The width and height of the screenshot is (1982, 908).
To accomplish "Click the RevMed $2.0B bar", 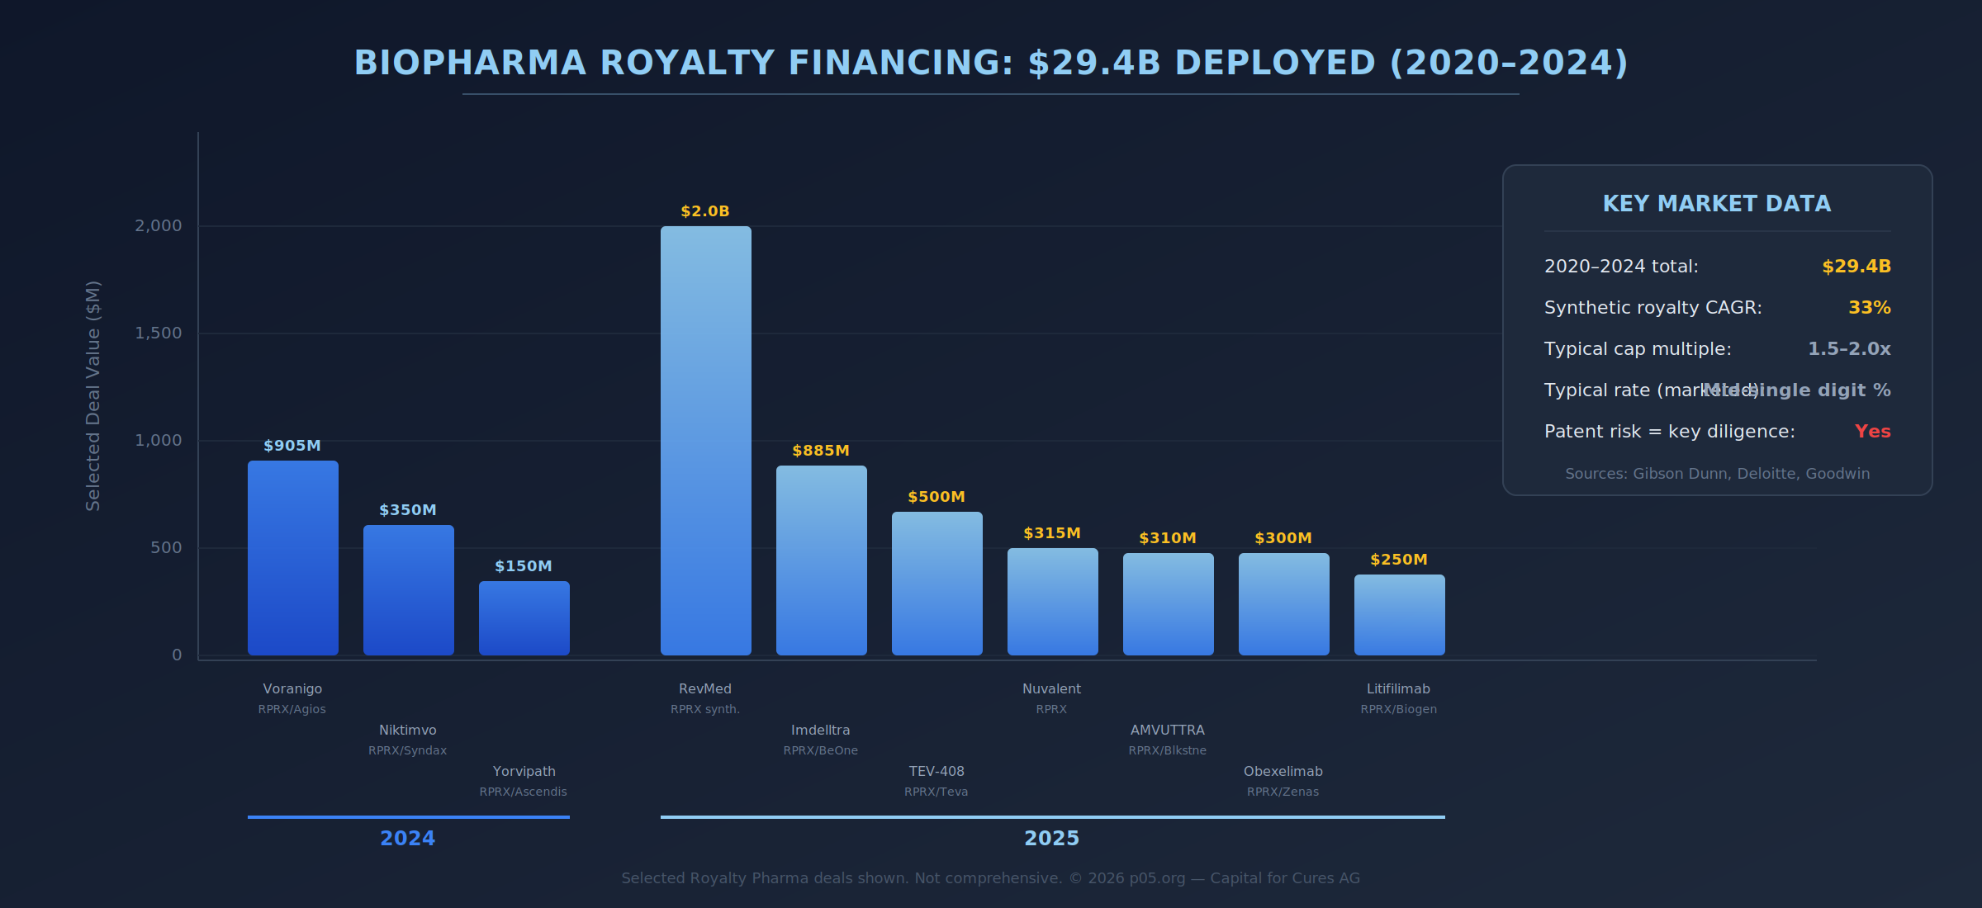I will pyautogui.click(x=705, y=441).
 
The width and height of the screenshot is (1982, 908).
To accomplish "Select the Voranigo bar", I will pyautogui.click(x=292, y=558).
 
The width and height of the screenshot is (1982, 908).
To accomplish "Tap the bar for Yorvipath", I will pyautogui.click(x=524, y=618).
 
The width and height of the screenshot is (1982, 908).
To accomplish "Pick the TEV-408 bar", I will pyautogui.click(x=936, y=584).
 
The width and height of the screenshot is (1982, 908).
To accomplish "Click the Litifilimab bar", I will pyautogui.click(x=1399, y=615).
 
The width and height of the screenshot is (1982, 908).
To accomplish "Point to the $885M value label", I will pyautogui.click(x=820, y=451).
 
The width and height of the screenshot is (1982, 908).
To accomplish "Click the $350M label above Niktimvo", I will pyautogui.click(x=407, y=510).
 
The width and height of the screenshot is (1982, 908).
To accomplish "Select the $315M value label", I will pyautogui.click(x=1051, y=533).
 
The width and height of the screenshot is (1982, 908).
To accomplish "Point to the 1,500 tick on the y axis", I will pyautogui.click(x=159, y=333).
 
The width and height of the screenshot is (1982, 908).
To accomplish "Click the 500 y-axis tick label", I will pyautogui.click(x=166, y=548).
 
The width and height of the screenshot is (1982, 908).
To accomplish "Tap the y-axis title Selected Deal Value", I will pyautogui.click(x=93, y=396).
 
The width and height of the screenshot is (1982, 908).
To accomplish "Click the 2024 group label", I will pyautogui.click(x=407, y=839).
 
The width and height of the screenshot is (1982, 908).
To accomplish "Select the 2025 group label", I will pyautogui.click(x=1051, y=839).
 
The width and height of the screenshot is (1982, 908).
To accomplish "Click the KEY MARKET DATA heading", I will pyautogui.click(x=1716, y=204).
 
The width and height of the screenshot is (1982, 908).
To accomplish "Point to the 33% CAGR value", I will pyautogui.click(x=1869, y=308).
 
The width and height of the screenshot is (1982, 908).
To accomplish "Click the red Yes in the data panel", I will pyautogui.click(x=1872, y=432).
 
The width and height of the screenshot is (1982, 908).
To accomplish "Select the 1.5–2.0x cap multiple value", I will pyautogui.click(x=1848, y=349).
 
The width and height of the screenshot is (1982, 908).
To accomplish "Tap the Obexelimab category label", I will pyautogui.click(x=1283, y=772).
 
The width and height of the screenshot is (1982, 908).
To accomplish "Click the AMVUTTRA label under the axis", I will pyautogui.click(x=1167, y=731).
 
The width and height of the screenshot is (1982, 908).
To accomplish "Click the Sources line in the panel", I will pyautogui.click(x=1717, y=474).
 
